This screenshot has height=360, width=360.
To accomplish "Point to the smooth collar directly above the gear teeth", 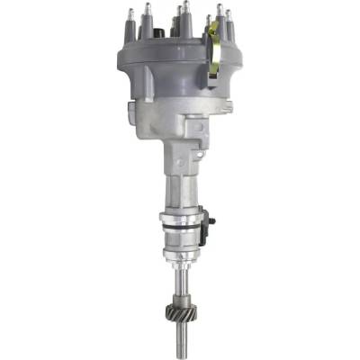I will (180, 298).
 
